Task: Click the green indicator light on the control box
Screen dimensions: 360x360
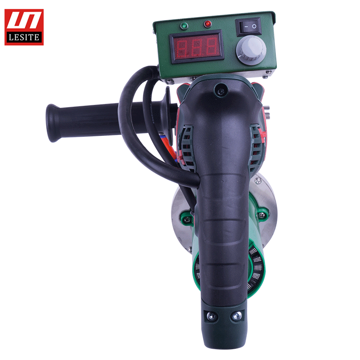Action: click(184, 26)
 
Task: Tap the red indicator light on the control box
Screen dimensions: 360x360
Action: click(207, 24)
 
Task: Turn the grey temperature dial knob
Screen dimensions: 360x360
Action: click(252, 50)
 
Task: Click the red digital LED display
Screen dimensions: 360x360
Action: click(197, 47)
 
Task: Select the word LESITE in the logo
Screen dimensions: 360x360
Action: click(24, 37)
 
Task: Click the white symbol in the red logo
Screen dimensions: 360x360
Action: click(24, 20)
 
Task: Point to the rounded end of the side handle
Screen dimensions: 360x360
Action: click(52, 123)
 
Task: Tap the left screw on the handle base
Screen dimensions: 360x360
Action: click(211, 317)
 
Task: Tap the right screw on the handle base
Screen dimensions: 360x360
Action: click(237, 316)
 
